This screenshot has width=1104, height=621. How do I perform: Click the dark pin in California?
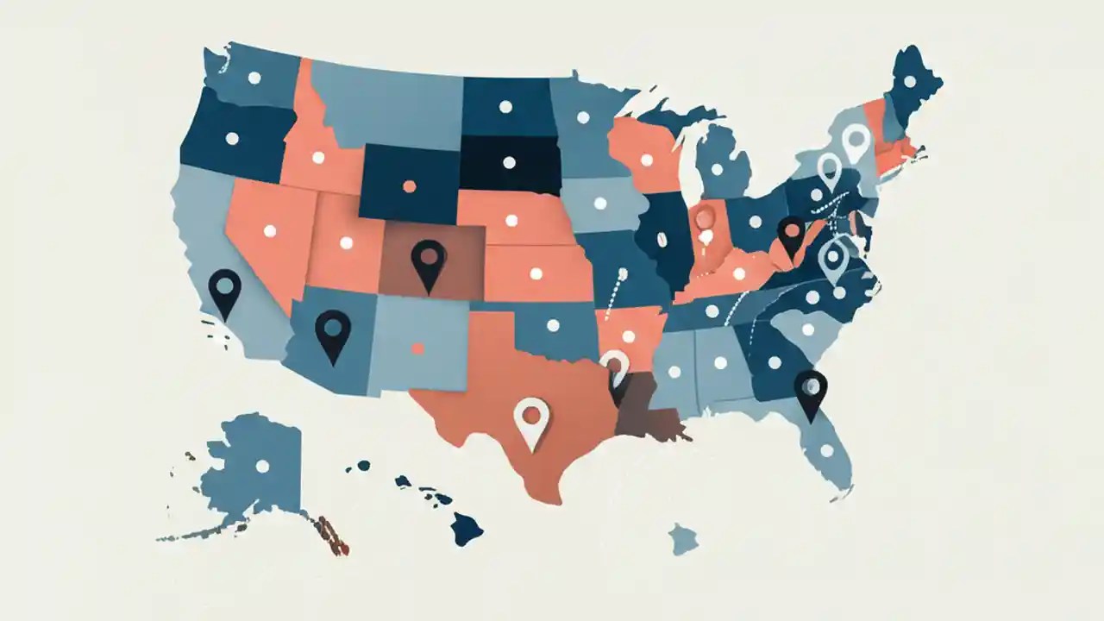[x=225, y=290]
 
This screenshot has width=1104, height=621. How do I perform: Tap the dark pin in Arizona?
[x=333, y=332]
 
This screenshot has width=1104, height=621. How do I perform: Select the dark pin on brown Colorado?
[x=429, y=260]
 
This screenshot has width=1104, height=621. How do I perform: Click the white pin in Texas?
[x=531, y=419]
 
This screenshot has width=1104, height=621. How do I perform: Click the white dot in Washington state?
[x=254, y=78]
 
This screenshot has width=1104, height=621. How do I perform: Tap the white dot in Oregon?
[x=232, y=138]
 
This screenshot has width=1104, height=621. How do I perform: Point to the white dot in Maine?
[x=909, y=81]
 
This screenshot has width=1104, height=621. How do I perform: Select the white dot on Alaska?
[x=262, y=466]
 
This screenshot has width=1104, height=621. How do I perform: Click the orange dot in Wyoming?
[x=409, y=186]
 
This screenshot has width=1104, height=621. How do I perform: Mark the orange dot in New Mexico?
[x=417, y=348]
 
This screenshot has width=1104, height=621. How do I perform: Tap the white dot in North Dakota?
[x=505, y=107]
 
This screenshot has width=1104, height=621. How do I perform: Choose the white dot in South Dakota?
[x=509, y=162]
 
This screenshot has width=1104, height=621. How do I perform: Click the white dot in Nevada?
[x=269, y=230]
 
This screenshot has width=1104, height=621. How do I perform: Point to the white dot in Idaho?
[x=317, y=157]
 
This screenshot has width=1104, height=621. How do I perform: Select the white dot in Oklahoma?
[x=553, y=326]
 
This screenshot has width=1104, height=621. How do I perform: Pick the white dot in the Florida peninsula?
[x=827, y=450]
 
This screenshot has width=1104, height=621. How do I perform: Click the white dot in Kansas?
[x=536, y=273]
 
